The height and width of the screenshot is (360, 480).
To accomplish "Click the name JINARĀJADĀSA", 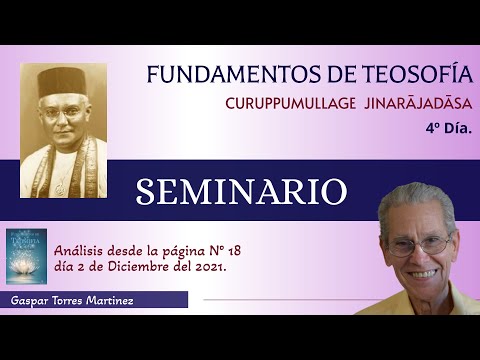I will tap(414, 104).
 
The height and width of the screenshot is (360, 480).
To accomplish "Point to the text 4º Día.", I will tap(449, 128).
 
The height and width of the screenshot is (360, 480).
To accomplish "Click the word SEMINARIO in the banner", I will tap(241, 191).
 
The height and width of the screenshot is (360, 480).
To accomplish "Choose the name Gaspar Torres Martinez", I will tap(71, 300).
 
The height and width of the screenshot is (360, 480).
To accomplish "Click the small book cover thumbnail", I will tap(26, 256).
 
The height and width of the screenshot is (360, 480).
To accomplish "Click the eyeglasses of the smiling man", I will tap(420, 243).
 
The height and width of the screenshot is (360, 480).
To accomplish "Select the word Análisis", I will tap(81, 251).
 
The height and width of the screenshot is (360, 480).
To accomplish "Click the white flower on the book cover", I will tap(26, 268).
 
